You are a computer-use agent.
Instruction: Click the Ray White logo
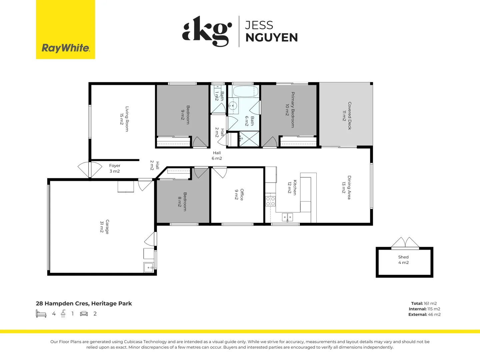tap(65, 48)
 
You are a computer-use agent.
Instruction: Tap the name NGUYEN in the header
tap(271, 38)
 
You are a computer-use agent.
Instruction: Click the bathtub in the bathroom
tap(245, 91)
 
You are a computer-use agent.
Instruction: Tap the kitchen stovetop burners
tap(270, 201)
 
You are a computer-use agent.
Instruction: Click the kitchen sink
tap(287, 217)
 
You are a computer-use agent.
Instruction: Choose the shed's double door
tap(405, 243)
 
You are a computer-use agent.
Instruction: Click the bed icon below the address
tap(41, 314)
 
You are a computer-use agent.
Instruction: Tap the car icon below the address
tap(84, 314)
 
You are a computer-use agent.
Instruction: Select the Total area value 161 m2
tap(430, 303)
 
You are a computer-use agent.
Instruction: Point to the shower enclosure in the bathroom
tap(249, 139)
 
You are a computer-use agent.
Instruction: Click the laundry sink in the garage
tap(148, 267)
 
